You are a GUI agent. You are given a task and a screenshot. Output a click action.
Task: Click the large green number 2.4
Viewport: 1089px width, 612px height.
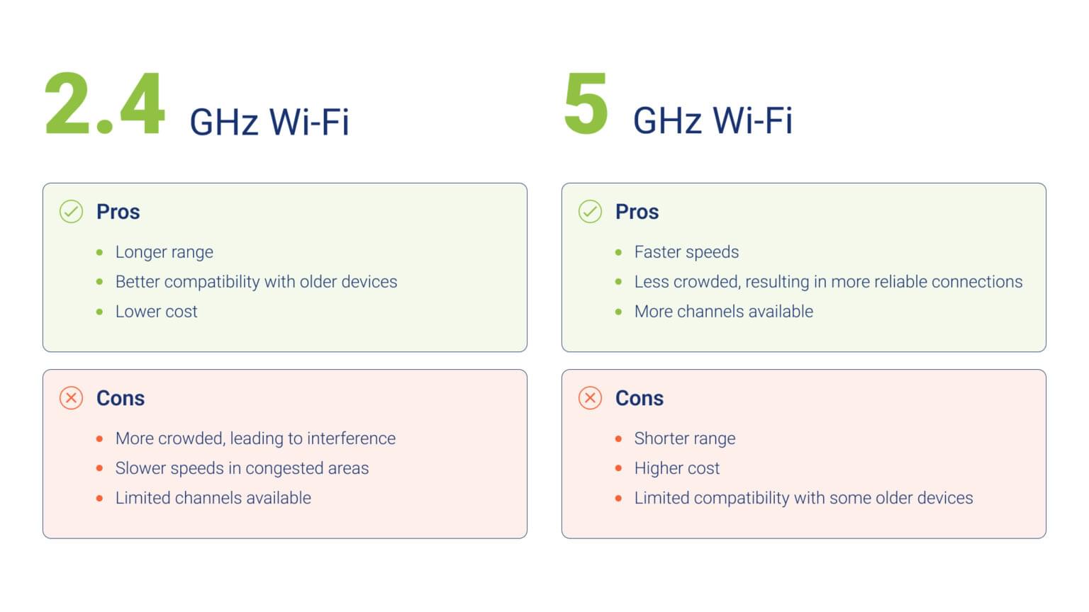[104, 103]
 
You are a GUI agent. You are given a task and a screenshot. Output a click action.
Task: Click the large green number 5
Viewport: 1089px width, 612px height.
[586, 103]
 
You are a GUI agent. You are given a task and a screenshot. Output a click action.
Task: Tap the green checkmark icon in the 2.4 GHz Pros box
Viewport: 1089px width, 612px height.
[71, 211]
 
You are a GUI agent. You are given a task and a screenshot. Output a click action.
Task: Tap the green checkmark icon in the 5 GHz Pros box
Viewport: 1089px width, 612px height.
[590, 211]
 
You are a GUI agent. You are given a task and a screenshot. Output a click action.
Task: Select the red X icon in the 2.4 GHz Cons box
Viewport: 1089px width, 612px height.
[71, 398]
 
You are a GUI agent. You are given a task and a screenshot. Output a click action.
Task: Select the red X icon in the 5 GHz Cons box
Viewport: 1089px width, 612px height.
[590, 398]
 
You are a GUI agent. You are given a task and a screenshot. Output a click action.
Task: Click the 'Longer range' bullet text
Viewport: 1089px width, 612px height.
[164, 252]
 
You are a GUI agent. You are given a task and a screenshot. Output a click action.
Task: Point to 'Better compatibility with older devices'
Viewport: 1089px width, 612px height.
[256, 282]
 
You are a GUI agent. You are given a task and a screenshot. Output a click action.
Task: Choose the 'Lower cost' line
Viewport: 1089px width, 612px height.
[157, 312]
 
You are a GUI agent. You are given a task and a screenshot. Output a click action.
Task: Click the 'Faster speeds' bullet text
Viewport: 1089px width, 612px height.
[686, 252]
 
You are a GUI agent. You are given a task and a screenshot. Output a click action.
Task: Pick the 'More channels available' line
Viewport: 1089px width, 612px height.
[724, 312]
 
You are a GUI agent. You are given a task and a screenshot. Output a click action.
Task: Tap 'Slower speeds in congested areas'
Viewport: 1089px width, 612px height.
[242, 468]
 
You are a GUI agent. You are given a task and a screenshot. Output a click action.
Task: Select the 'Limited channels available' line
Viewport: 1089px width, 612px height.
[213, 498]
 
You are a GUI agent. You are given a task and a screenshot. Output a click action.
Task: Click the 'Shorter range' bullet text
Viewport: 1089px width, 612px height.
[685, 438]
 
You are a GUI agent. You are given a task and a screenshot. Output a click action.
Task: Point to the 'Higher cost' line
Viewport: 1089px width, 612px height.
[677, 468]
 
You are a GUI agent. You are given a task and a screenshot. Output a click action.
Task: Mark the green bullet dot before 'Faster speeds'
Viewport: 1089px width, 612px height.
[618, 253]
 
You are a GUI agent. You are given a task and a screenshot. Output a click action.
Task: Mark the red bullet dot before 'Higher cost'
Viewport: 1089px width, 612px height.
[618, 468]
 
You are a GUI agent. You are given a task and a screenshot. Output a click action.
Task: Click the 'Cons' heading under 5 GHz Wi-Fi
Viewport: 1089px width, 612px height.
[640, 398]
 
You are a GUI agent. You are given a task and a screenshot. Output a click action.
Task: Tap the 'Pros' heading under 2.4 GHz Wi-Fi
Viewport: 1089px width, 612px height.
[118, 212]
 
